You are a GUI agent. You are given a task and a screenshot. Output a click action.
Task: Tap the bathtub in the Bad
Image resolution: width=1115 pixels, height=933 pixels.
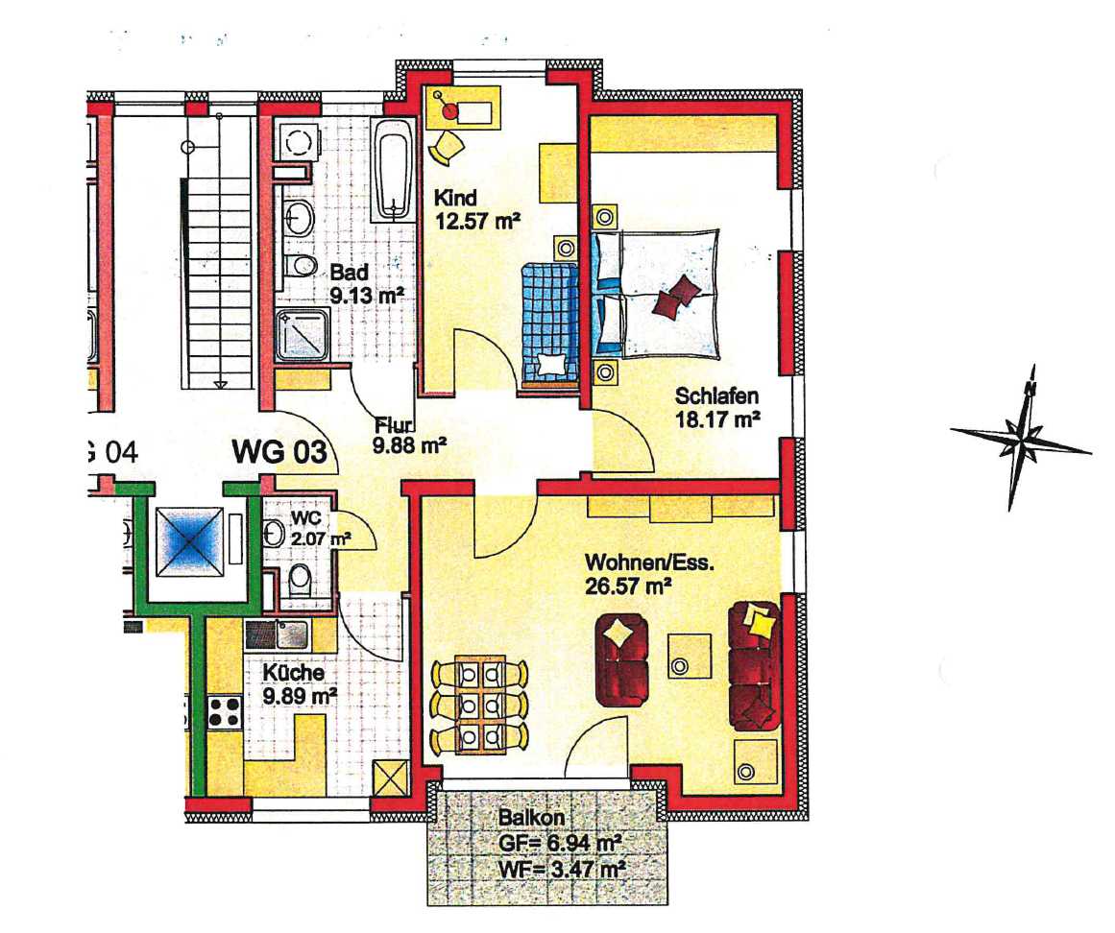click(394, 169)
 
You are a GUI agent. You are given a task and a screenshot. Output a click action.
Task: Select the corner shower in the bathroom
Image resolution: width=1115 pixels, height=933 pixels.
click(303, 334)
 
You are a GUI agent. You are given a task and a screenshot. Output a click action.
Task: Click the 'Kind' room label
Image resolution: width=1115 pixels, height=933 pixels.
click(455, 198)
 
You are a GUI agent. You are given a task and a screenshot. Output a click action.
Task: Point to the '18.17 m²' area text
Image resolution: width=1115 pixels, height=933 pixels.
click(717, 419)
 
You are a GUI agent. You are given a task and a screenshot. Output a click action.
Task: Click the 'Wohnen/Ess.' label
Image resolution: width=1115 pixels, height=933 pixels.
click(649, 562)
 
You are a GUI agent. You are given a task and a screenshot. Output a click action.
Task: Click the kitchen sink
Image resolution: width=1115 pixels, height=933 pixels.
click(279, 635)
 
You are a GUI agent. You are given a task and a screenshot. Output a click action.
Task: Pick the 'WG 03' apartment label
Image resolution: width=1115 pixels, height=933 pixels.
click(279, 452)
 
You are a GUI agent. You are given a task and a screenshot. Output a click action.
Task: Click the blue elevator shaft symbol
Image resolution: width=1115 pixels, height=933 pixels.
click(189, 541)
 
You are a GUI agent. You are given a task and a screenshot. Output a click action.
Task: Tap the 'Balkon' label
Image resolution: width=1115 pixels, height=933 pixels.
click(530, 817)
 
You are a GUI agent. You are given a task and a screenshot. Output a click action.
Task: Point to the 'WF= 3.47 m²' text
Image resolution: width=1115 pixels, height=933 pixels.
click(561, 869)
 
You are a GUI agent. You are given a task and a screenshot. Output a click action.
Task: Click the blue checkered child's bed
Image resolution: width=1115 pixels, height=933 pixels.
click(549, 324)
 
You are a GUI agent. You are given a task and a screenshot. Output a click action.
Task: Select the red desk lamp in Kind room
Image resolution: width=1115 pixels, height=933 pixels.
click(448, 110)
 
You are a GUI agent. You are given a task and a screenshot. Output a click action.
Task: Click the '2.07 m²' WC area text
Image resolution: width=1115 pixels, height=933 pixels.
click(320, 538)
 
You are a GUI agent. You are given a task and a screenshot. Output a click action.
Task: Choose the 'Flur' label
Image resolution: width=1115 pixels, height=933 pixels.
click(394, 425)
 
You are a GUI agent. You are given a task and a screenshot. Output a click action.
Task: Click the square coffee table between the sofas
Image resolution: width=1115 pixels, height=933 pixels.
click(689, 656)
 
